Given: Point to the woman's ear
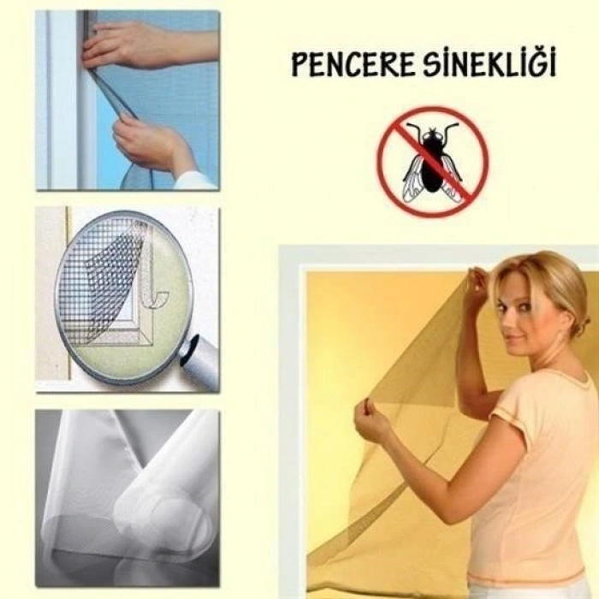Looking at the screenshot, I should [555, 309].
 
